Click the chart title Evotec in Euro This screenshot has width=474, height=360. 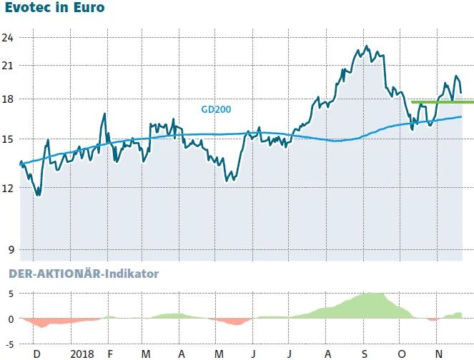pyautogui.click(x=54, y=9)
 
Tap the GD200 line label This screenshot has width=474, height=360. pyautogui.click(x=216, y=109)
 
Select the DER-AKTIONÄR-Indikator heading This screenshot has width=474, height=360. pyautogui.click(x=82, y=274)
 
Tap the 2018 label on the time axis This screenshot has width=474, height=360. pyautogui.click(x=83, y=354)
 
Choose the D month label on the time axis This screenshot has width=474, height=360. pyautogui.click(x=36, y=354)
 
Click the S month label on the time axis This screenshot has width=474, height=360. pyautogui.click(x=364, y=354)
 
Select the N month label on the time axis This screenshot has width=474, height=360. pyautogui.click(x=438, y=354)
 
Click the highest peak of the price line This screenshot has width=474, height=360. pyautogui.click(x=367, y=46)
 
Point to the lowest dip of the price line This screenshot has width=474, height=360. pyautogui.click(x=38, y=195)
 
